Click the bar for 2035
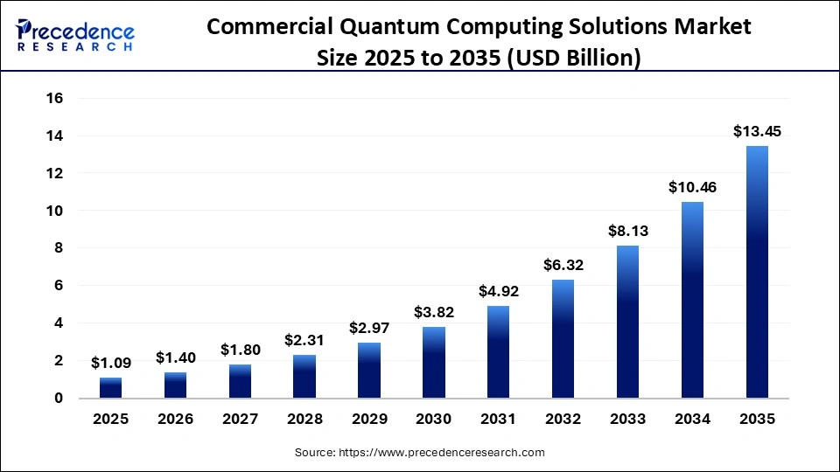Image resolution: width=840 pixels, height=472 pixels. click(x=757, y=272)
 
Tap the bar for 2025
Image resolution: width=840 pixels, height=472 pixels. click(x=110, y=387)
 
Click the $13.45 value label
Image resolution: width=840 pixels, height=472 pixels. click(x=757, y=132)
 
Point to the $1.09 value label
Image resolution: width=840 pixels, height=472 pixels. click(x=110, y=363)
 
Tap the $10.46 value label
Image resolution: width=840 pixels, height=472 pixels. click(x=692, y=187)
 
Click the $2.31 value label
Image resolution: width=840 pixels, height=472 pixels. click(x=304, y=340)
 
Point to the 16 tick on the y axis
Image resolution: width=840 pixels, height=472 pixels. click(x=54, y=99)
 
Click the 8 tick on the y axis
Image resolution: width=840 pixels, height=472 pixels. click(x=59, y=248)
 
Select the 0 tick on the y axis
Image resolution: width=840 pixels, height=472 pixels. click(x=59, y=399)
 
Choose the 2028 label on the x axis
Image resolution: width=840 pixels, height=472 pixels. click(x=304, y=420)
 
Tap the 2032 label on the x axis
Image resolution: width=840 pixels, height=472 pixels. click(x=563, y=420)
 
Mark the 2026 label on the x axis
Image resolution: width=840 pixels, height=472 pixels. click(x=175, y=420)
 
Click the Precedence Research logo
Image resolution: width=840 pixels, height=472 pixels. click(x=75, y=36)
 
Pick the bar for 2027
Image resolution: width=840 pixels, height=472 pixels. click(x=240, y=381)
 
